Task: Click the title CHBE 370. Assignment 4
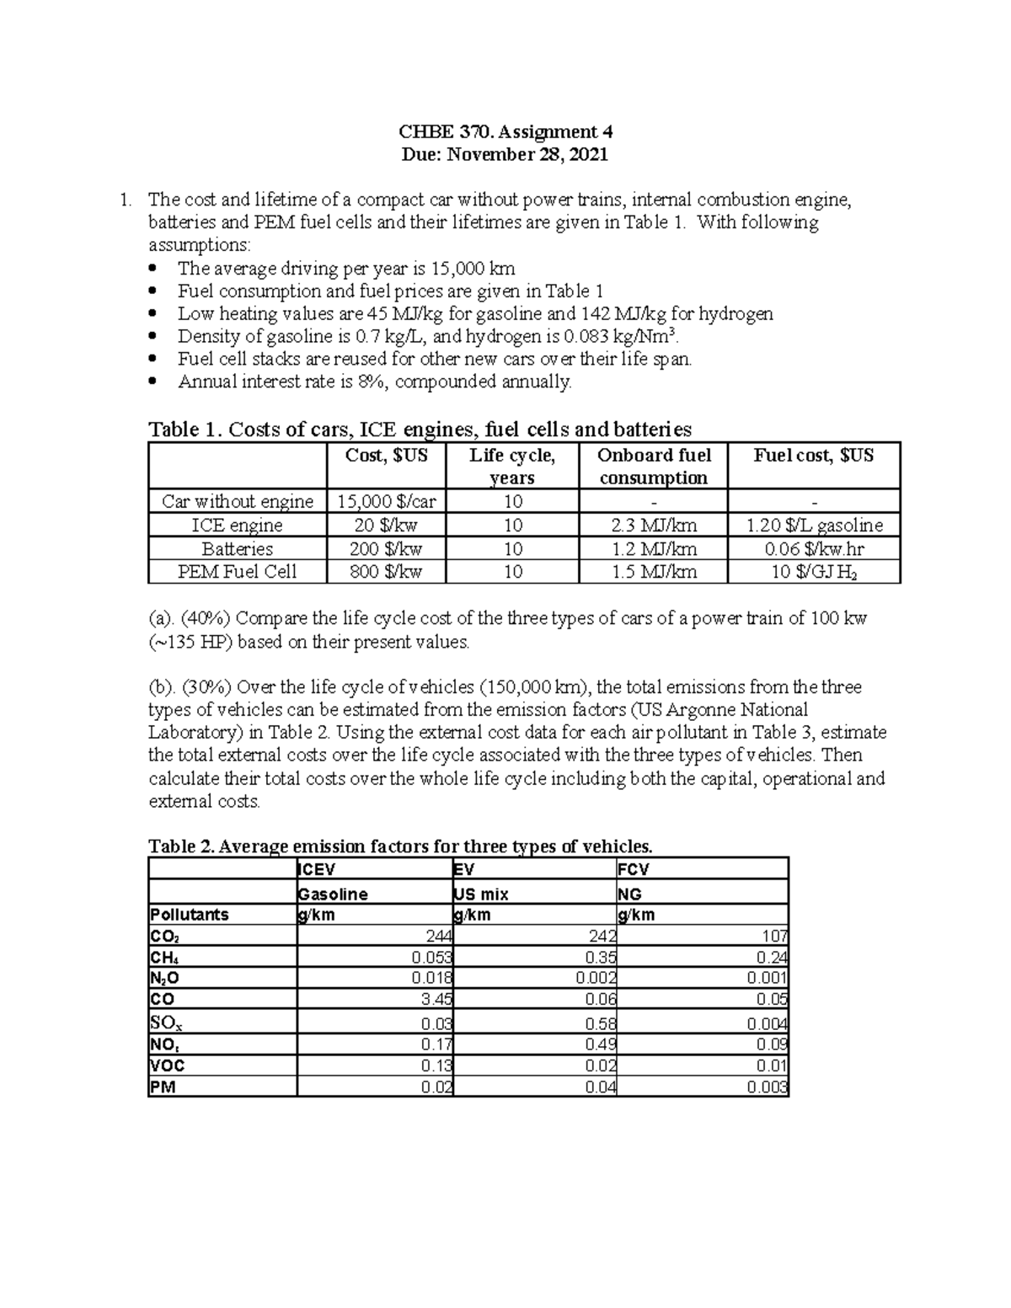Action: point(505,131)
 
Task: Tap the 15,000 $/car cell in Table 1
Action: point(387,502)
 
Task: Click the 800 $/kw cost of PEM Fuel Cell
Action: point(387,572)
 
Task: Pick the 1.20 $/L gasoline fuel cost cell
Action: point(815,526)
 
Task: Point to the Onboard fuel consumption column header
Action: point(653,467)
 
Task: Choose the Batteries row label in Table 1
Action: point(238,549)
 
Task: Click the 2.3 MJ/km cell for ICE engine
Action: point(653,526)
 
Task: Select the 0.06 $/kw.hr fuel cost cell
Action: point(815,549)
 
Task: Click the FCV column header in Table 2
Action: point(634,869)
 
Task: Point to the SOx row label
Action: point(162,1023)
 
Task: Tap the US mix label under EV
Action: point(481,894)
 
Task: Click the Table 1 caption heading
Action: point(420,430)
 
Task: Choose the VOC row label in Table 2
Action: point(167,1065)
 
